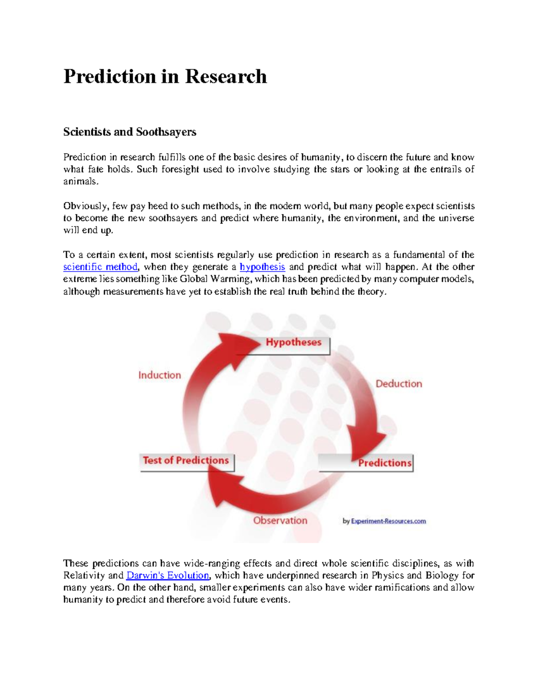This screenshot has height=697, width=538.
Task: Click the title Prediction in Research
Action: [165, 76]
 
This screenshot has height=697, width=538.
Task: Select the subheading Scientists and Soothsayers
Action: [130, 132]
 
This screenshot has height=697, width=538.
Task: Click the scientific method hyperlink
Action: [100, 267]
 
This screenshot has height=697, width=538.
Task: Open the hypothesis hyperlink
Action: [262, 267]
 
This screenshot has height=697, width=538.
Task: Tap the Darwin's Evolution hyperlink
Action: [168, 576]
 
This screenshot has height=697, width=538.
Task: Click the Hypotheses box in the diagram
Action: [293, 343]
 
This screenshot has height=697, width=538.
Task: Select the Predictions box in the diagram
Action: [384, 463]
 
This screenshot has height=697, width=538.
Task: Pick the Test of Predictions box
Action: [186, 461]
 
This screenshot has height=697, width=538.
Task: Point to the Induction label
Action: [160, 375]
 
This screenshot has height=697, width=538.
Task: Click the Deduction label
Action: [399, 384]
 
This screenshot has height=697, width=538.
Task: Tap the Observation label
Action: [280, 521]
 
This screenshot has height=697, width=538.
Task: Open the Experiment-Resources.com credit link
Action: [388, 521]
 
